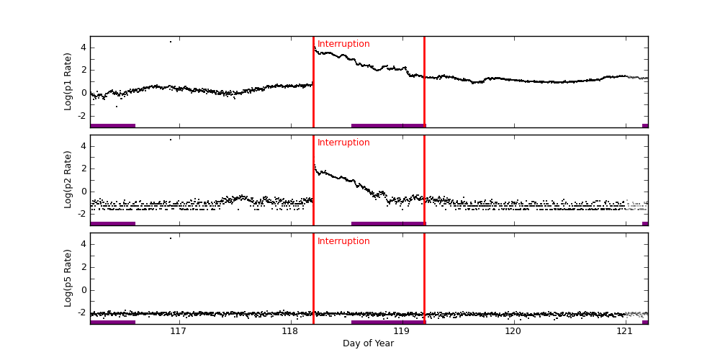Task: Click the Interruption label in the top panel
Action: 343,44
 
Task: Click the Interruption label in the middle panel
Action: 343,143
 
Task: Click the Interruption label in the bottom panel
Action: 343,241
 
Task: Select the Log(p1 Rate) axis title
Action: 68,81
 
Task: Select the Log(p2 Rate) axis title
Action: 68,179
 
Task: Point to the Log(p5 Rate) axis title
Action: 68,278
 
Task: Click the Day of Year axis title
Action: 368,343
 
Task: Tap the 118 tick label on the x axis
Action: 290,331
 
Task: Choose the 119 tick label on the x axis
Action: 402,331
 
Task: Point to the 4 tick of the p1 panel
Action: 83,48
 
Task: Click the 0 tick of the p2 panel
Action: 83,192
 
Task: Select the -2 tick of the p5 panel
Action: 81,312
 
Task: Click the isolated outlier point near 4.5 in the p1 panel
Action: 171,42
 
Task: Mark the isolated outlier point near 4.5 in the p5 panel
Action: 171,238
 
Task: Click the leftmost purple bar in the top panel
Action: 112,125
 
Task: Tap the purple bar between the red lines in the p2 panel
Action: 387,223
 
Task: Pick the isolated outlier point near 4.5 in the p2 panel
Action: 171,140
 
